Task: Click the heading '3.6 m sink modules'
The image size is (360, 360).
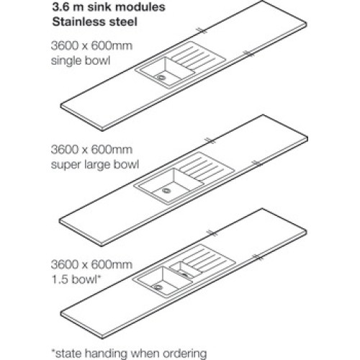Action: click(x=109, y=6)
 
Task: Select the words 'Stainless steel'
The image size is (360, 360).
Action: click(x=95, y=22)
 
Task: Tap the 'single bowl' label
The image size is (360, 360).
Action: click(x=81, y=60)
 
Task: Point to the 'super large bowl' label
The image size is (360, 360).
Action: click(x=95, y=165)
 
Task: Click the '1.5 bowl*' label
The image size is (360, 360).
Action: click(x=76, y=279)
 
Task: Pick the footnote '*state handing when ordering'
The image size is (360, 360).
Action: click(x=129, y=354)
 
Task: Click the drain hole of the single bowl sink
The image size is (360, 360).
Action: click(x=161, y=77)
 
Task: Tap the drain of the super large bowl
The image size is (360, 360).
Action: click(x=166, y=191)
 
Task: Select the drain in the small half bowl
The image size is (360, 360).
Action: click(x=185, y=275)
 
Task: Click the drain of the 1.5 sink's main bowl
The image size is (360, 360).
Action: click(x=158, y=287)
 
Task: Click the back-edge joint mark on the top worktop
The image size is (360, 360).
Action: click(x=201, y=31)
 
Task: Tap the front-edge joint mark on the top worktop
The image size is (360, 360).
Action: click(x=248, y=53)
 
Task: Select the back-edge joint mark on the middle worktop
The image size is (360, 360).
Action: click(x=211, y=141)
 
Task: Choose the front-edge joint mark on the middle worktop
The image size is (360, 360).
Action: click(x=257, y=163)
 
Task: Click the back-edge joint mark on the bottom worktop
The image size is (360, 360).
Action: click(x=212, y=233)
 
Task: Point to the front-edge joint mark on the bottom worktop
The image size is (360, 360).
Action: click(x=258, y=257)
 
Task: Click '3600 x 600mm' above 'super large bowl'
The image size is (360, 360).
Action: click(x=91, y=150)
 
